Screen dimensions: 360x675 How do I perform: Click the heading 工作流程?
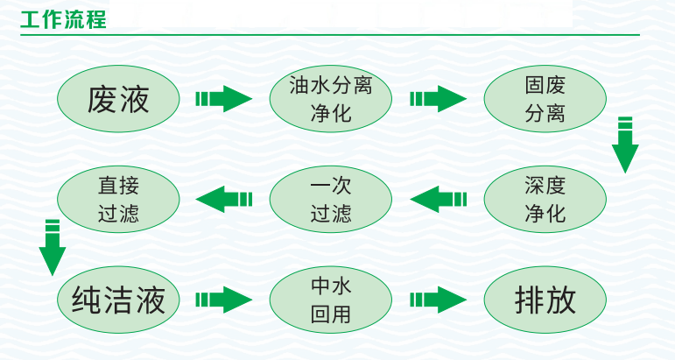(x=63, y=19)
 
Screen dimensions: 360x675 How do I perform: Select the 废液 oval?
(x=118, y=99)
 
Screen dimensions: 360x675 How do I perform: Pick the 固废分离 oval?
(x=545, y=99)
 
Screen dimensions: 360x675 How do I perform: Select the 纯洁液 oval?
(x=118, y=300)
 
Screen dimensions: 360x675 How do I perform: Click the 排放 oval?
(x=545, y=300)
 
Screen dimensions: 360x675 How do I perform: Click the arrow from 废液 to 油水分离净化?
(x=223, y=99)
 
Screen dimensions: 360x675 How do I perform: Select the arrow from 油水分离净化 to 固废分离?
(x=438, y=99)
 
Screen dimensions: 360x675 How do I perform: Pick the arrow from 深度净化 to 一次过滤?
(x=438, y=199)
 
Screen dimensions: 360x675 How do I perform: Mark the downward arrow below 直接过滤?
(x=53, y=246)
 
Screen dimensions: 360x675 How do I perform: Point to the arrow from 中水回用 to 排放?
(x=438, y=300)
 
